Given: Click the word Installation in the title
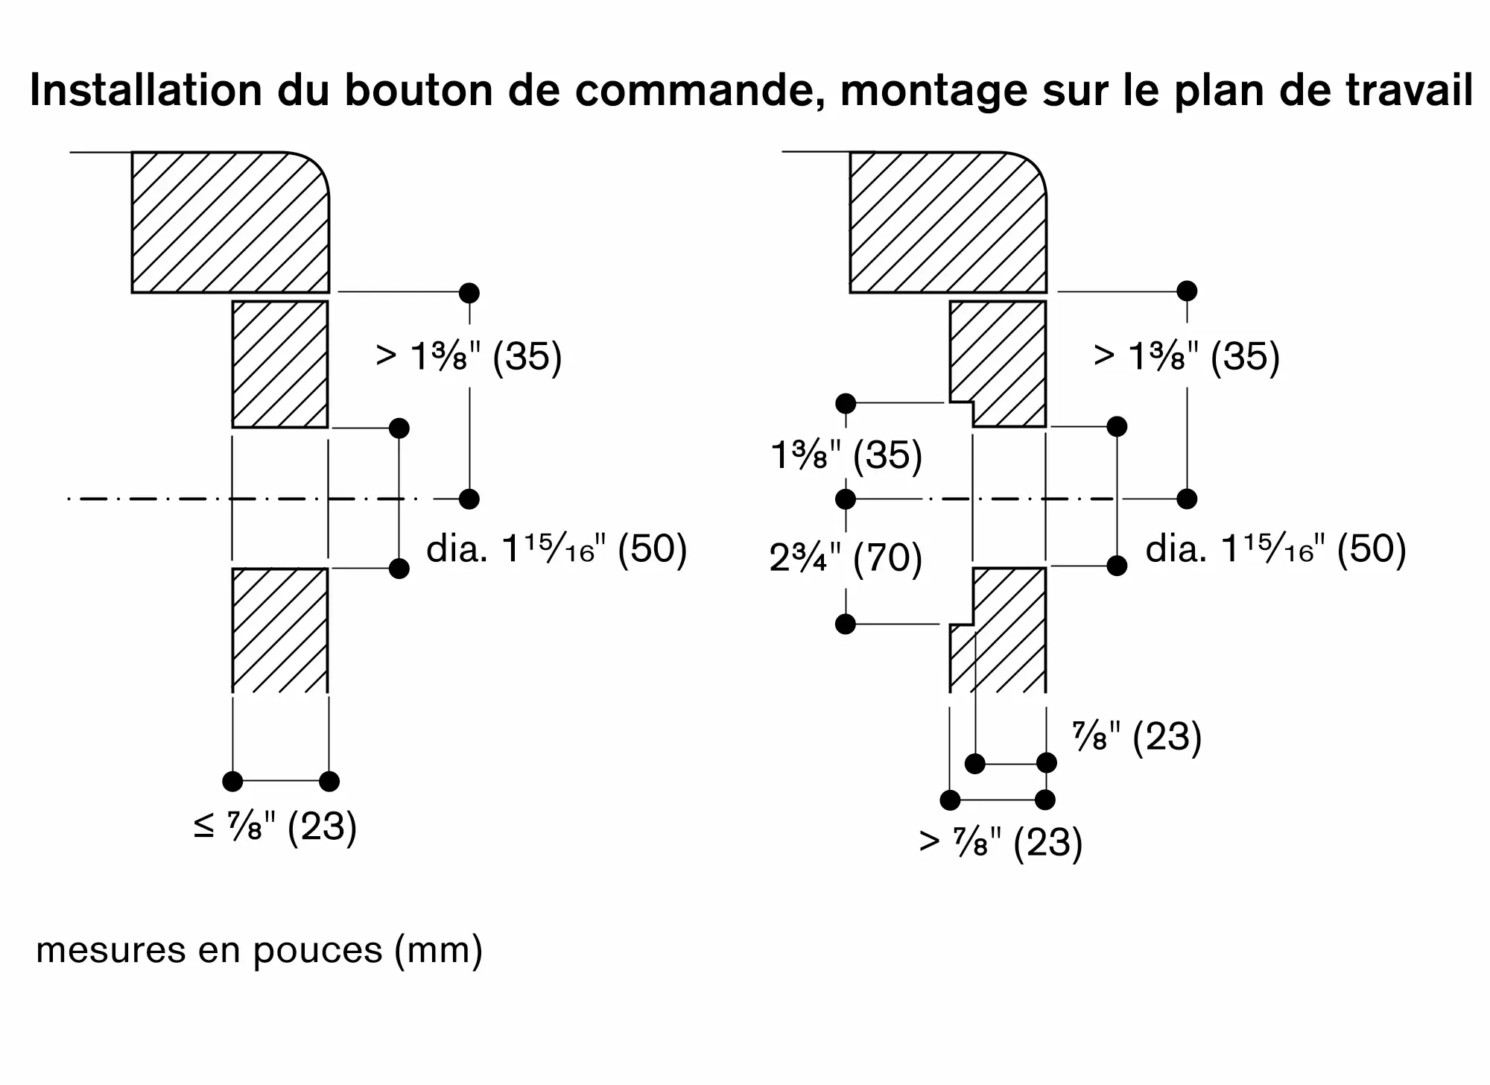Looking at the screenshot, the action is pos(146,91).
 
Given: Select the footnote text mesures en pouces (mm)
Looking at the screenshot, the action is pos(259,951).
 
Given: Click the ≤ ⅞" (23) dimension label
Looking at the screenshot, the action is pos(275,826).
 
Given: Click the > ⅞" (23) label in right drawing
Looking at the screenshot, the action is pos(1001,842).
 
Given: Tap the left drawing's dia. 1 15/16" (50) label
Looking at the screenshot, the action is pos(556,549).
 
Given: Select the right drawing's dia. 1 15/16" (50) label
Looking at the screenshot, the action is pos(1275,549).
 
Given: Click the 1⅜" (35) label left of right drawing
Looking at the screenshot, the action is pos(846,455).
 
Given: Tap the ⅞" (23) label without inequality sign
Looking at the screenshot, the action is pos(1137,737).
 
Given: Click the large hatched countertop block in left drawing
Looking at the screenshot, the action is pos(229,222).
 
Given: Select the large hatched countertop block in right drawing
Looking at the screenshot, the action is pos(948,222).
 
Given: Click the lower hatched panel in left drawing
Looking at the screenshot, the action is pos(279,630).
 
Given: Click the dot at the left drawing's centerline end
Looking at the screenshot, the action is pos(469,499).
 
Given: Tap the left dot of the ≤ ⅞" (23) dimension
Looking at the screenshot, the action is pos(232,781).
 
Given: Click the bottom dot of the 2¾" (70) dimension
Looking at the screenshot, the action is pos(846,624).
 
